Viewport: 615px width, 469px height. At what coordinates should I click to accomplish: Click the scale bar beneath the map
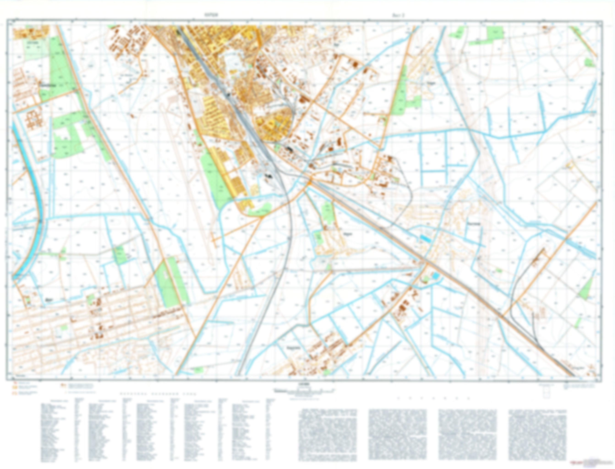304,390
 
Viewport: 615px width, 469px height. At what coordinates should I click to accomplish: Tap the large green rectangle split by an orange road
170,282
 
